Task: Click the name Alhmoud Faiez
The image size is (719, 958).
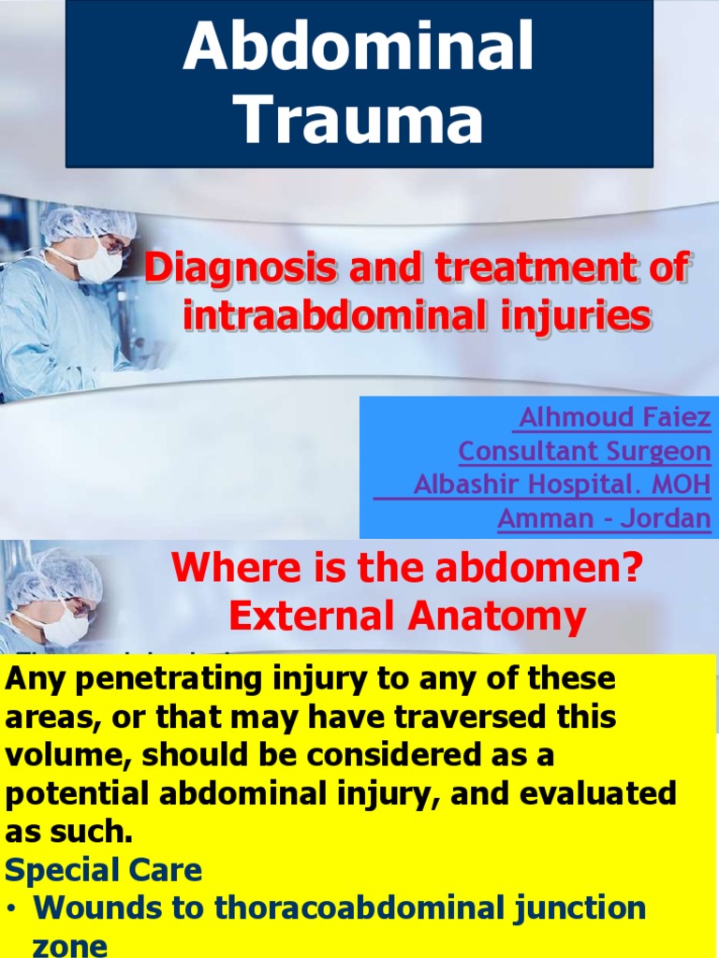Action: click(613, 417)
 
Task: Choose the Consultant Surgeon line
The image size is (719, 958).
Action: click(584, 452)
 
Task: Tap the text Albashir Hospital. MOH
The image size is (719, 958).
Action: click(562, 486)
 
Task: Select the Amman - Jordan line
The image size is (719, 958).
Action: click(604, 518)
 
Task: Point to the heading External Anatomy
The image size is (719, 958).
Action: click(407, 617)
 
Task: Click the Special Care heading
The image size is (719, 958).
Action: click(103, 870)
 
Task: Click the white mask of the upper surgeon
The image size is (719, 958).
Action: click(98, 262)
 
